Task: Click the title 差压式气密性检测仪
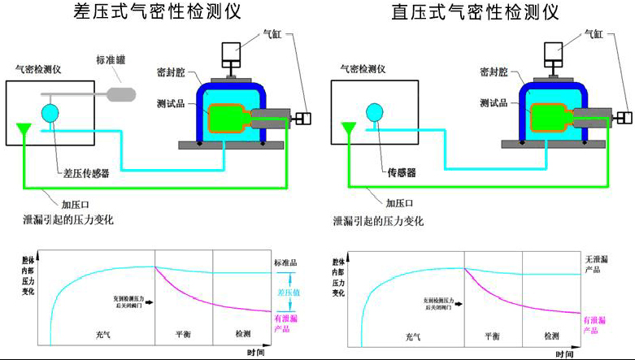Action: [159, 12]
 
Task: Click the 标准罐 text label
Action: [111, 59]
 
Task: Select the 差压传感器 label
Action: [86, 173]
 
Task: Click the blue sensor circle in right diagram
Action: [375, 112]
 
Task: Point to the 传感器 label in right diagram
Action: [400, 173]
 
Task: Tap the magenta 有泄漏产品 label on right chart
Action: [596, 325]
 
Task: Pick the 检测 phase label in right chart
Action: [552, 335]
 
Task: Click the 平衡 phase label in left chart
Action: [184, 335]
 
